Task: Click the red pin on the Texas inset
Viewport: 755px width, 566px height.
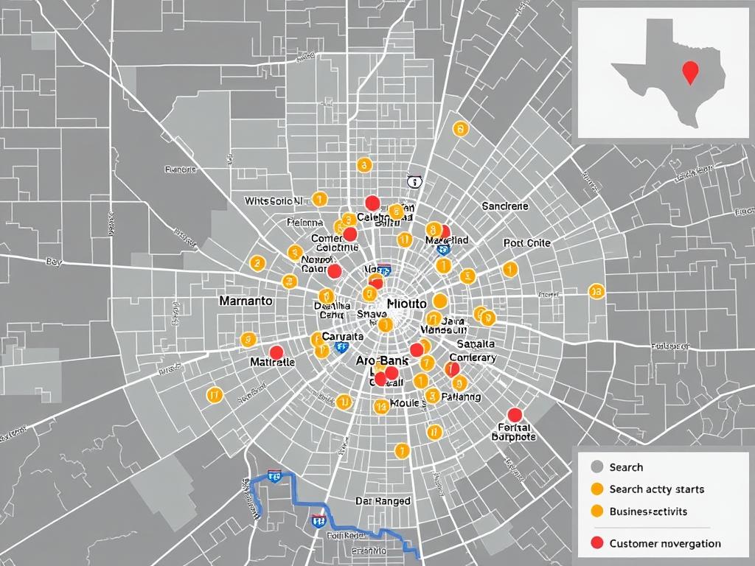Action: [x=690, y=71]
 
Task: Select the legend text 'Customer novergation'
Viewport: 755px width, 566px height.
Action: [x=665, y=543]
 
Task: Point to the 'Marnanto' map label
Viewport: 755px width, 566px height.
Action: [x=246, y=301]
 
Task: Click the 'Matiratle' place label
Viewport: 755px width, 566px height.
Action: [x=272, y=363]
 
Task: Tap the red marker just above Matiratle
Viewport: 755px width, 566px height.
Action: [x=276, y=352]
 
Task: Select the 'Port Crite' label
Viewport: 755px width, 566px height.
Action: [x=527, y=243]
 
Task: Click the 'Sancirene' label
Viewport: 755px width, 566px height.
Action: [x=505, y=207]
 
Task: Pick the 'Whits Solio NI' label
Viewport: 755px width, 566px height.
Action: [x=274, y=200]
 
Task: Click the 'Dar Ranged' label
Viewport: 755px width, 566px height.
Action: [x=383, y=501]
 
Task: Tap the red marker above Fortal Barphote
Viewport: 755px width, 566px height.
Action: [x=515, y=414]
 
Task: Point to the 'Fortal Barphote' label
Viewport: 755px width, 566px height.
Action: [x=514, y=431]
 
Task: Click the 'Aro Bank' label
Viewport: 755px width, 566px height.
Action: [x=382, y=361]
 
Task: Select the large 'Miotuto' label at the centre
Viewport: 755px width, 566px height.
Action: [x=406, y=304]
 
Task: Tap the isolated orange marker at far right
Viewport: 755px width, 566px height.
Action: [x=596, y=291]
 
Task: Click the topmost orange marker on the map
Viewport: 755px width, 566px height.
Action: [x=460, y=130]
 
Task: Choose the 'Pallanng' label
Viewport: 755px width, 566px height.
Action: [x=460, y=397]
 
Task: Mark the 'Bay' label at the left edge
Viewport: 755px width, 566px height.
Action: [x=53, y=261]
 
